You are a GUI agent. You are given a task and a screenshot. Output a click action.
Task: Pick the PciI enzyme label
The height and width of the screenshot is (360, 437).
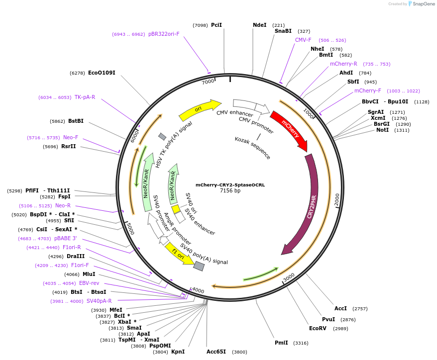217,25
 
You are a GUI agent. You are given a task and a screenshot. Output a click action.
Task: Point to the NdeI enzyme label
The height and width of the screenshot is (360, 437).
259,25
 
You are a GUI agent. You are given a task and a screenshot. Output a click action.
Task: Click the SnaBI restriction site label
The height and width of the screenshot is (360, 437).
283,31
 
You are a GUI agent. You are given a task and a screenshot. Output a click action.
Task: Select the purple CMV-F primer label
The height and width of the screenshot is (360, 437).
303,40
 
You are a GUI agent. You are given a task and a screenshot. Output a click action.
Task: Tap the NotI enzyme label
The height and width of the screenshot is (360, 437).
383,130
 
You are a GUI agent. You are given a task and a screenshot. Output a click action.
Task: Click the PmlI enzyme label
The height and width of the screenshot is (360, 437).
281,343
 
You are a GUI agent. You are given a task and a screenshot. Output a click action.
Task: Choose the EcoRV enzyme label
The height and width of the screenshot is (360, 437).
318,328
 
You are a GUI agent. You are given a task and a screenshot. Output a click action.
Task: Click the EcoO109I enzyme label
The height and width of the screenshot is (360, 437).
102,73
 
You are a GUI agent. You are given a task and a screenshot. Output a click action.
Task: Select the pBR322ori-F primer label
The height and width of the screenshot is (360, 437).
164,34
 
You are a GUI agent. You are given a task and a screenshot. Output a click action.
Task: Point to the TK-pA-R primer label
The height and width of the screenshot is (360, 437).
85,97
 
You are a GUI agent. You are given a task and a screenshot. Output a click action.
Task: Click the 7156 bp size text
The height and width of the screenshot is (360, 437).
230,190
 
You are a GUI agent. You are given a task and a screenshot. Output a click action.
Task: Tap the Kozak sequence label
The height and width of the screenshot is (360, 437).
253,148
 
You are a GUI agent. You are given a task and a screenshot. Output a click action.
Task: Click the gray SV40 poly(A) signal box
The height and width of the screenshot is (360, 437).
199,266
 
